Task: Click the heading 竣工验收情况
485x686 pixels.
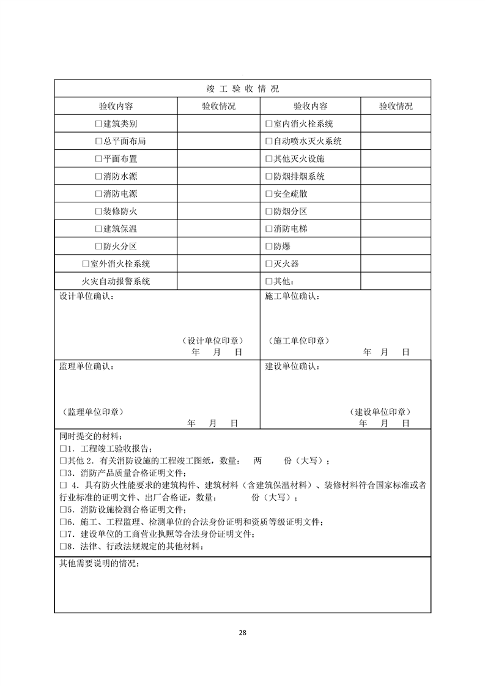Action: [x=242, y=89]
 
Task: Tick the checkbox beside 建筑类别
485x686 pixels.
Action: [x=98, y=124]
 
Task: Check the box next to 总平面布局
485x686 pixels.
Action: [x=98, y=141]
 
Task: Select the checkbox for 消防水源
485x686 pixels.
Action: [x=98, y=177]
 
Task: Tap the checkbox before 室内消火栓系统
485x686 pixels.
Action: [x=268, y=124]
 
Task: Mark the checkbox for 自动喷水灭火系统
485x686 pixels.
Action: [x=268, y=141]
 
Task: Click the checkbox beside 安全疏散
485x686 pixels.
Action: [x=268, y=194]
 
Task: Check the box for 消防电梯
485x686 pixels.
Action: [x=268, y=229]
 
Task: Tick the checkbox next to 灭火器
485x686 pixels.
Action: [x=268, y=264]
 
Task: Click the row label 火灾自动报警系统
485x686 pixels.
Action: [x=116, y=282]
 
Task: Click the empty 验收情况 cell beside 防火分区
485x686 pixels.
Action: [x=218, y=246]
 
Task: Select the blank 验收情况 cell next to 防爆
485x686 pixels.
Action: [x=394, y=246]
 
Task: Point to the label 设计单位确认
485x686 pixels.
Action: [x=86, y=297]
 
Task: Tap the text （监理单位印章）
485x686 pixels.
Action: [x=94, y=411]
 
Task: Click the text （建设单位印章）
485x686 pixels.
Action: [x=380, y=411]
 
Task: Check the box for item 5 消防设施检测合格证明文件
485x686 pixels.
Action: [x=62, y=509]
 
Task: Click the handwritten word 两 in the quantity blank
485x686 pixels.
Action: [x=257, y=460]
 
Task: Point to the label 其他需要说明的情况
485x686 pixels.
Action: [x=98, y=563]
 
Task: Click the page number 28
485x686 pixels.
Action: [x=243, y=633]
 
